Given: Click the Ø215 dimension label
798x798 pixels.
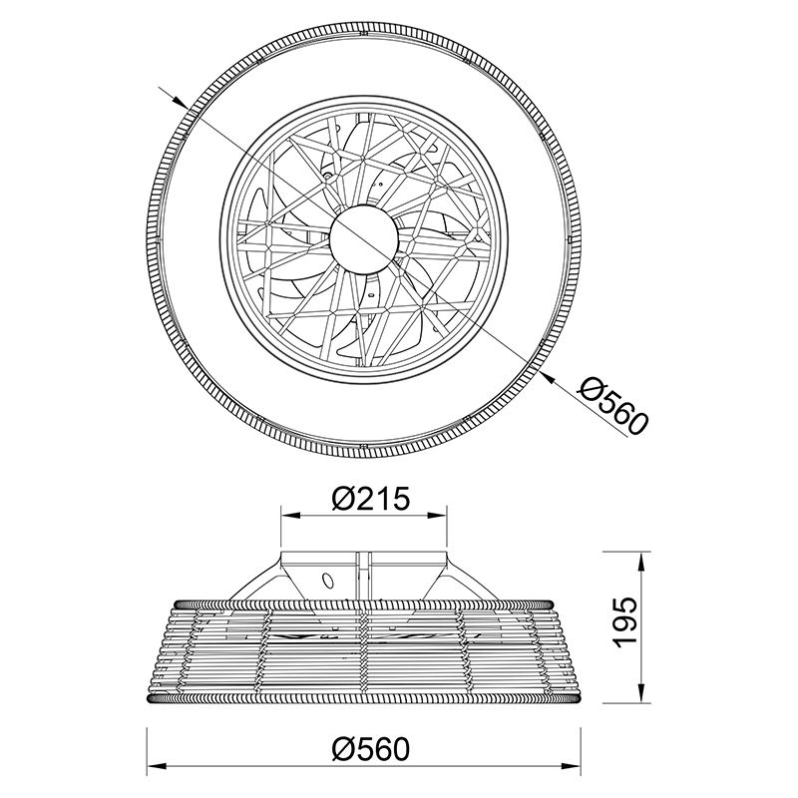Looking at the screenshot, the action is point(370,499).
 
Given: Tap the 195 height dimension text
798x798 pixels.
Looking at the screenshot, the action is point(624,622).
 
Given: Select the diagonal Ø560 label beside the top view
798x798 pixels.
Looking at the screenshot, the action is point(613,406).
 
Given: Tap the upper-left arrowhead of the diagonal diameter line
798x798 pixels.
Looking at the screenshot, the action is point(180,102).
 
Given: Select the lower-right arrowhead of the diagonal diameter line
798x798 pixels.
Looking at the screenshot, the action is point(549,377).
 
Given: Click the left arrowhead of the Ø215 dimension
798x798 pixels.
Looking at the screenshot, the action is point(289,516).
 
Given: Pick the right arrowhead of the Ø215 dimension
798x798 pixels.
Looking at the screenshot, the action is point(438,516).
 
